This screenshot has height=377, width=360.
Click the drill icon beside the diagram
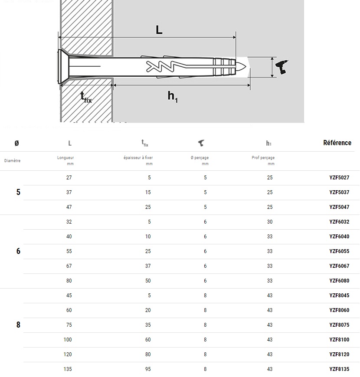pyautogui.click(x=282, y=67)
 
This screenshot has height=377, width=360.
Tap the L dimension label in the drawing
pyautogui.click(x=159, y=30)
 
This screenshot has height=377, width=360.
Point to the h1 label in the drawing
pyautogui.click(x=173, y=97)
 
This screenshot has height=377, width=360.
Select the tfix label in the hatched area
pyautogui.click(x=86, y=97)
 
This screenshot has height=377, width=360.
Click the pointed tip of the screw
pyautogui.click(x=246, y=67)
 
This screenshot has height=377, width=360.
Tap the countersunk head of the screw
pyautogui.click(x=63, y=67)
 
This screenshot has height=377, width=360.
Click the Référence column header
pyautogui.click(x=337, y=143)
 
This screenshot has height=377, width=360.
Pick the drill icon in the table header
pyautogui.click(x=201, y=143)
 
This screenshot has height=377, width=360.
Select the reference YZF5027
pyautogui.click(x=339, y=178)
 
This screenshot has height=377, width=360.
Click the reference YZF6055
pyautogui.click(x=339, y=251)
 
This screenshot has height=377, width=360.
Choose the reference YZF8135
pyautogui.click(x=339, y=369)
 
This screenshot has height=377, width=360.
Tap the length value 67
pyautogui.click(x=69, y=266)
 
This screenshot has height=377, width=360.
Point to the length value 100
pyautogui.click(x=68, y=339)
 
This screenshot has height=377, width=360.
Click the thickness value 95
pyautogui.click(x=148, y=369)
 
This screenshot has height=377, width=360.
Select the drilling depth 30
pyautogui.click(x=270, y=222)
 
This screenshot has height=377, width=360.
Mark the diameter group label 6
pyautogui.click(x=18, y=251)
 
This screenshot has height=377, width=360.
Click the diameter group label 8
pyautogui.click(x=18, y=325)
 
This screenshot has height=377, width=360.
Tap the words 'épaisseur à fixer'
pyautogui.click(x=138, y=158)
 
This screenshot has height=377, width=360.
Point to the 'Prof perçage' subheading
pyautogui.click(x=263, y=158)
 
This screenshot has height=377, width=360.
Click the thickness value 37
pyautogui.click(x=148, y=266)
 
